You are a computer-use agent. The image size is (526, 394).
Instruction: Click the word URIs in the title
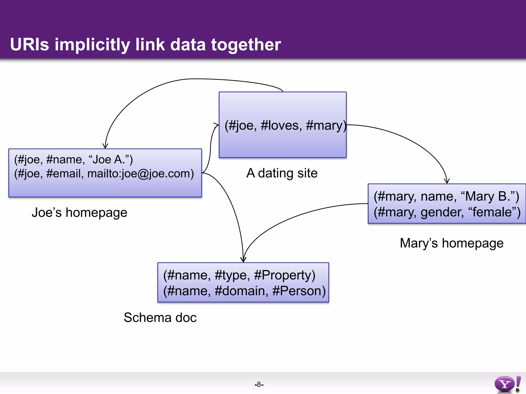(29, 44)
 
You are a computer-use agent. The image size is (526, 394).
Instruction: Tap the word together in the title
(246, 45)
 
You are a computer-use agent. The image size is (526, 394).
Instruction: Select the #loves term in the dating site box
(281, 125)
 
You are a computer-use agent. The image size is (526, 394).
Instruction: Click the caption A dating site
(282, 173)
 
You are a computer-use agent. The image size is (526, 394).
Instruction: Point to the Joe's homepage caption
(79, 213)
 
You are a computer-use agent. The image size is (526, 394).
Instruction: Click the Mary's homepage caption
(451, 243)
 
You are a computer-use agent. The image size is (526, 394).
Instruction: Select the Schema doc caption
(160, 318)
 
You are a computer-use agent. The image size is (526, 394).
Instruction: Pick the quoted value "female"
(491, 212)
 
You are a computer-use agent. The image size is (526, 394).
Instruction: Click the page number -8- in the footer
(259, 384)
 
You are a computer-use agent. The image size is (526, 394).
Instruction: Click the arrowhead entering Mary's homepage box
(447, 181)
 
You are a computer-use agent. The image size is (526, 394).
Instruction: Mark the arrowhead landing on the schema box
(243, 260)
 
